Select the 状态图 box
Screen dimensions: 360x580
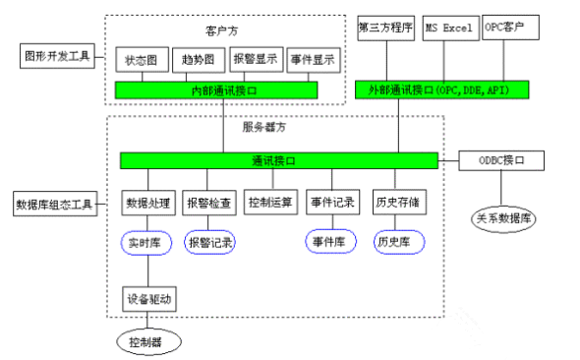142,60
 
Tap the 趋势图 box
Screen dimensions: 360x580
200,60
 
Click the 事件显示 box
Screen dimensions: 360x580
314,60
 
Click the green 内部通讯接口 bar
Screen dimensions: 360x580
216,90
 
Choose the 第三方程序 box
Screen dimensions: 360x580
385,28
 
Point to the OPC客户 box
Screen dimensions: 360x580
510,28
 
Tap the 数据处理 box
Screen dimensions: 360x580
148,204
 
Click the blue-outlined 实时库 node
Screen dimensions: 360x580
148,241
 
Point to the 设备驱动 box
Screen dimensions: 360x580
148,298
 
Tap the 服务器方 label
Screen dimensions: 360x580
263,127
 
